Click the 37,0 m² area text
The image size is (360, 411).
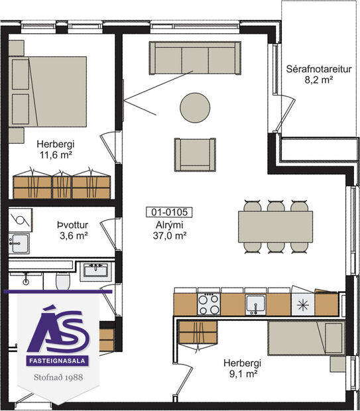(x=170, y=235)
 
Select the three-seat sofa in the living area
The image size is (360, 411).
(x=195, y=58)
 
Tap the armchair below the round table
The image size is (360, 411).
(x=194, y=154)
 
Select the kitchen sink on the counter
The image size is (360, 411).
(x=255, y=304)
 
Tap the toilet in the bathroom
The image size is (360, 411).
(x=64, y=282)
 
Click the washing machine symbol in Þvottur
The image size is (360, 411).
(x=21, y=219)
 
